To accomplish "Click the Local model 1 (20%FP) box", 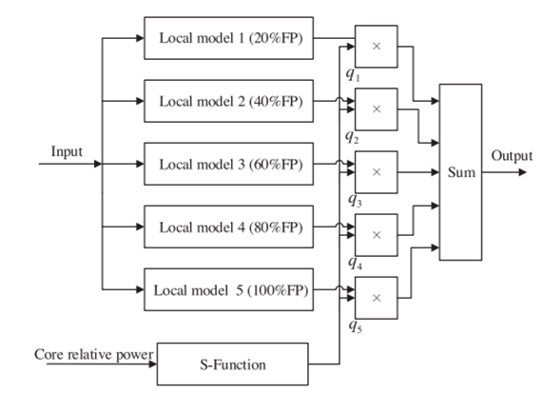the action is tap(228, 38).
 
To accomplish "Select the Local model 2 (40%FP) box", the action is tap(228, 101).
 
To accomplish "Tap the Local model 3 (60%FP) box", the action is tap(228, 164).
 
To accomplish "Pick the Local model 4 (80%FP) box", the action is tap(228, 227).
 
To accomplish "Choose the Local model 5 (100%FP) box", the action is tap(228, 289).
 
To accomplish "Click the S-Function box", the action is tap(232, 364).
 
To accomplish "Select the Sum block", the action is tap(460, 172).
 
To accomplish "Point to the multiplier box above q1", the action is tap(376, 47).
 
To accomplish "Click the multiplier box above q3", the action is tap(376, 172).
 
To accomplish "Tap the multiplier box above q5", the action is tap(376, 298).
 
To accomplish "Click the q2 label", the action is tap(352, 137).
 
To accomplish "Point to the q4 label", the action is tap(356, 263).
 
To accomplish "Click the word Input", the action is tap(67, 151).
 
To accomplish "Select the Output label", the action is tap(512, 156).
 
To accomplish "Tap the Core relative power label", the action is tap(93, 355).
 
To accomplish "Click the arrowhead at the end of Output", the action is tap(523, 172).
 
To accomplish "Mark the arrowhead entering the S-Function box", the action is tap(153, 364).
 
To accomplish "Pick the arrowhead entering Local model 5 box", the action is tap(140, 289).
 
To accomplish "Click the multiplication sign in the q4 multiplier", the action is tap(377, 235).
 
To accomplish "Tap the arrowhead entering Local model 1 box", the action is tap(140, 38).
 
